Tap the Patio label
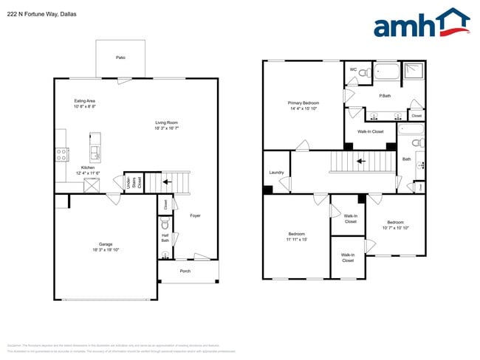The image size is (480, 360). (x=120, y=57)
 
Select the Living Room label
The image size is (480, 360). (x=166, y=122)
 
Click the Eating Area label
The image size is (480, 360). (x=84, y=101)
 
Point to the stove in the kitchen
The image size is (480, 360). (x=62, y=154)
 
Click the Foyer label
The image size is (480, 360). (x=195, y=215)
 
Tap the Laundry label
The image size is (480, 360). (x=277, y=173)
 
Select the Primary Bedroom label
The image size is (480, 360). (x=304, y=103)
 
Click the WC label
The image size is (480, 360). (x=353, y=69)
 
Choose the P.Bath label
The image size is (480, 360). (x=385, y=96)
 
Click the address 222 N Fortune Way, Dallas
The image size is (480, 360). (x=41, y=14)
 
